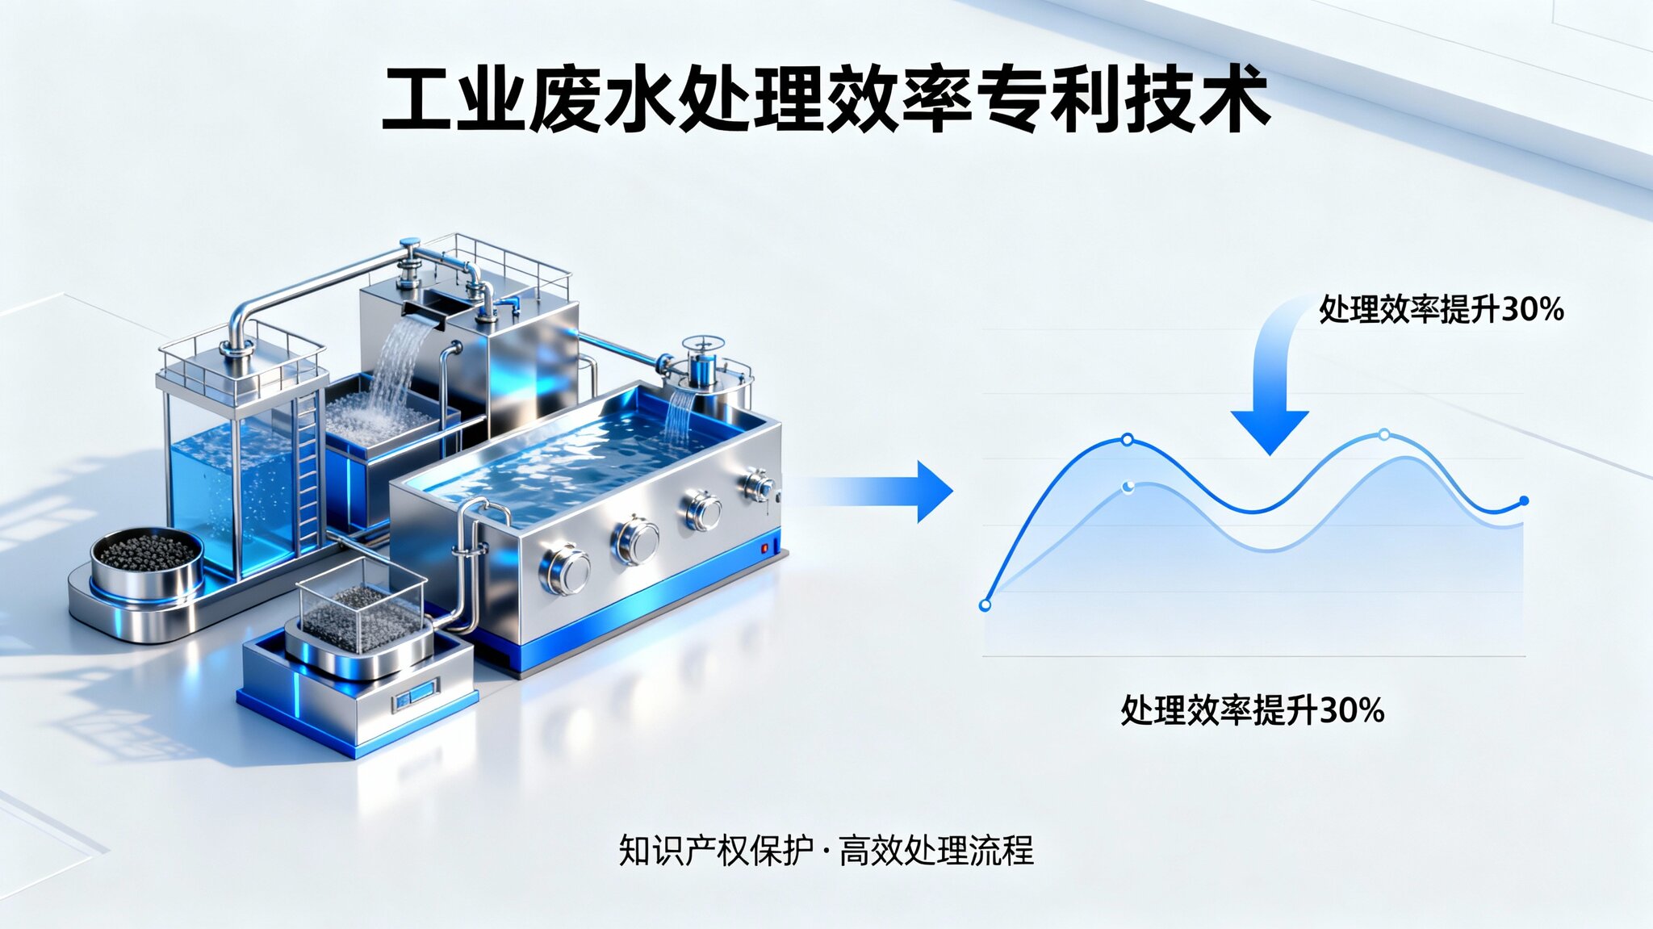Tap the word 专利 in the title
tap(1049, 101)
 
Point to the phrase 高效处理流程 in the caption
tap(936, 851)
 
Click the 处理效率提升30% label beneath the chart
tap(1252, 710)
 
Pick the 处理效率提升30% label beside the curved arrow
tap(1442, 309)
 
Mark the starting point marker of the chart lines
tap(985, 605)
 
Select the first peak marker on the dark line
tap(1128, 440)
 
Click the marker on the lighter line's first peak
tap(1128, 486)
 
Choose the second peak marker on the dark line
tap(1384, 435)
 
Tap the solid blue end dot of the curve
tap(1524, 501)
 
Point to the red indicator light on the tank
tap(764, 550)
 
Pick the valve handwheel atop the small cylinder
tap(701, 345)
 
